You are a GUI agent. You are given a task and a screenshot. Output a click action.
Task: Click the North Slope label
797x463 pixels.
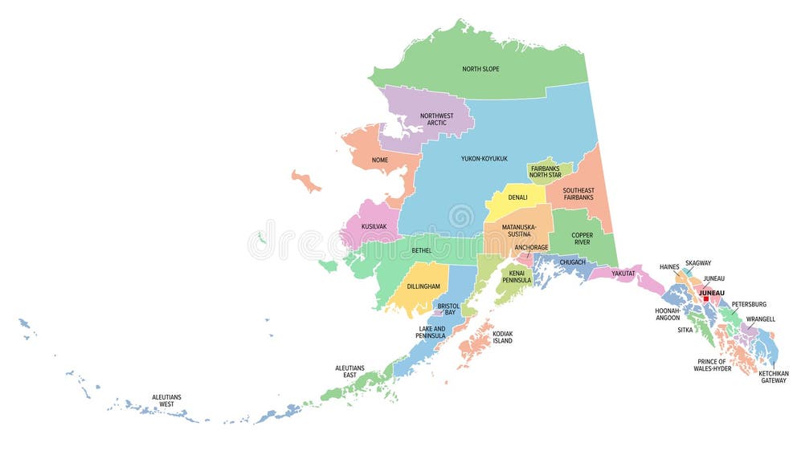[480, 69]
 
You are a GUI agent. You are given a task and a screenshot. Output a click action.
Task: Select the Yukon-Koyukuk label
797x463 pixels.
[484, 159]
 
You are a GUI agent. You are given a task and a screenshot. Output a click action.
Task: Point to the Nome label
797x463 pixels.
[380, 160]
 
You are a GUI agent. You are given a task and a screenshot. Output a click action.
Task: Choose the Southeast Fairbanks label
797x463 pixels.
[578, 193]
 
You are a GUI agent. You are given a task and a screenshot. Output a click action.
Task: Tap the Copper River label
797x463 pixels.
[582, 239]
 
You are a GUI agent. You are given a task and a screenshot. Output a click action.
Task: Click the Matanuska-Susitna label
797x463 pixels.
[519, 231]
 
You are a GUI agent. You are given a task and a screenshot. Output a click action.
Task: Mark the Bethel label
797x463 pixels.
[421, 251]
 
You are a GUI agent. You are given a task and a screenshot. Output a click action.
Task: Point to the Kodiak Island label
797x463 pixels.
[502, 337]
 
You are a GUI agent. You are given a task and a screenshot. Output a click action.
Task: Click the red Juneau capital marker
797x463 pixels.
[705, 299]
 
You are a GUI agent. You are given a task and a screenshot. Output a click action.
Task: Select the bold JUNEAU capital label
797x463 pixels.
[711, 293]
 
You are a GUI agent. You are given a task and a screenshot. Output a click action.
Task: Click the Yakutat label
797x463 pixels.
[623, 274]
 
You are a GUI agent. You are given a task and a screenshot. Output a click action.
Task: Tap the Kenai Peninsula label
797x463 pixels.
[517, 277]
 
